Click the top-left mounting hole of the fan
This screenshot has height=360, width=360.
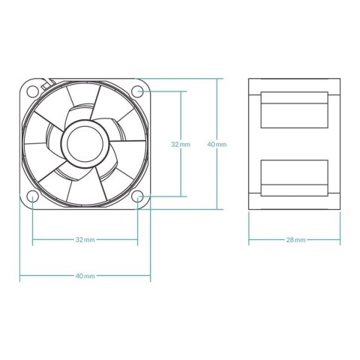pyautogui.click(x=33, y=91)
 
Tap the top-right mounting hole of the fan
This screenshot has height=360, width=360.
pyautogui.click(x=137, y=91)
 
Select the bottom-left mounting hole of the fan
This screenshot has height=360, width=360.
pyautogui.click(x=33, y=197)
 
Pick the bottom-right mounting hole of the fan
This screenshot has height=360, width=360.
pyautogui.click(x=138, y=197)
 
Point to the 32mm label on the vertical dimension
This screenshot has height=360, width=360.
pyautogui.click(x=180, y=143)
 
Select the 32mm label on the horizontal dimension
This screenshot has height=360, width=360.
pyautogui.click(x=85, y=240)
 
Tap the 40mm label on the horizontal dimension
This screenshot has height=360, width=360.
pyautogui.click(x=85, y=276)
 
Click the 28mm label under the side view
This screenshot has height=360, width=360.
pyautogui.click(x=296, y=240)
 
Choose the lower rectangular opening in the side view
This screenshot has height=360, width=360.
pyautogui.click(x=296, y=176)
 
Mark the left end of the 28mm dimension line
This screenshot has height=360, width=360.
pyautogui.click(x=248, y=240)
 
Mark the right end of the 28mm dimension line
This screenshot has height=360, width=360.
pyautogui.click(x=344, y=240)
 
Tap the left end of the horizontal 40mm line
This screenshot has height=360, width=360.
pyautogui.click(x=19, y=276)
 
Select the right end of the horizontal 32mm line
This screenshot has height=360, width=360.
pyautogui.click(x=138, y=240)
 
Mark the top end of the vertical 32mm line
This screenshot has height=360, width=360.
pyautogui.click(x=180, y=91)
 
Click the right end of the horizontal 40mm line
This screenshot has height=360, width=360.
pyautogui.click(x=151, y=276)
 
